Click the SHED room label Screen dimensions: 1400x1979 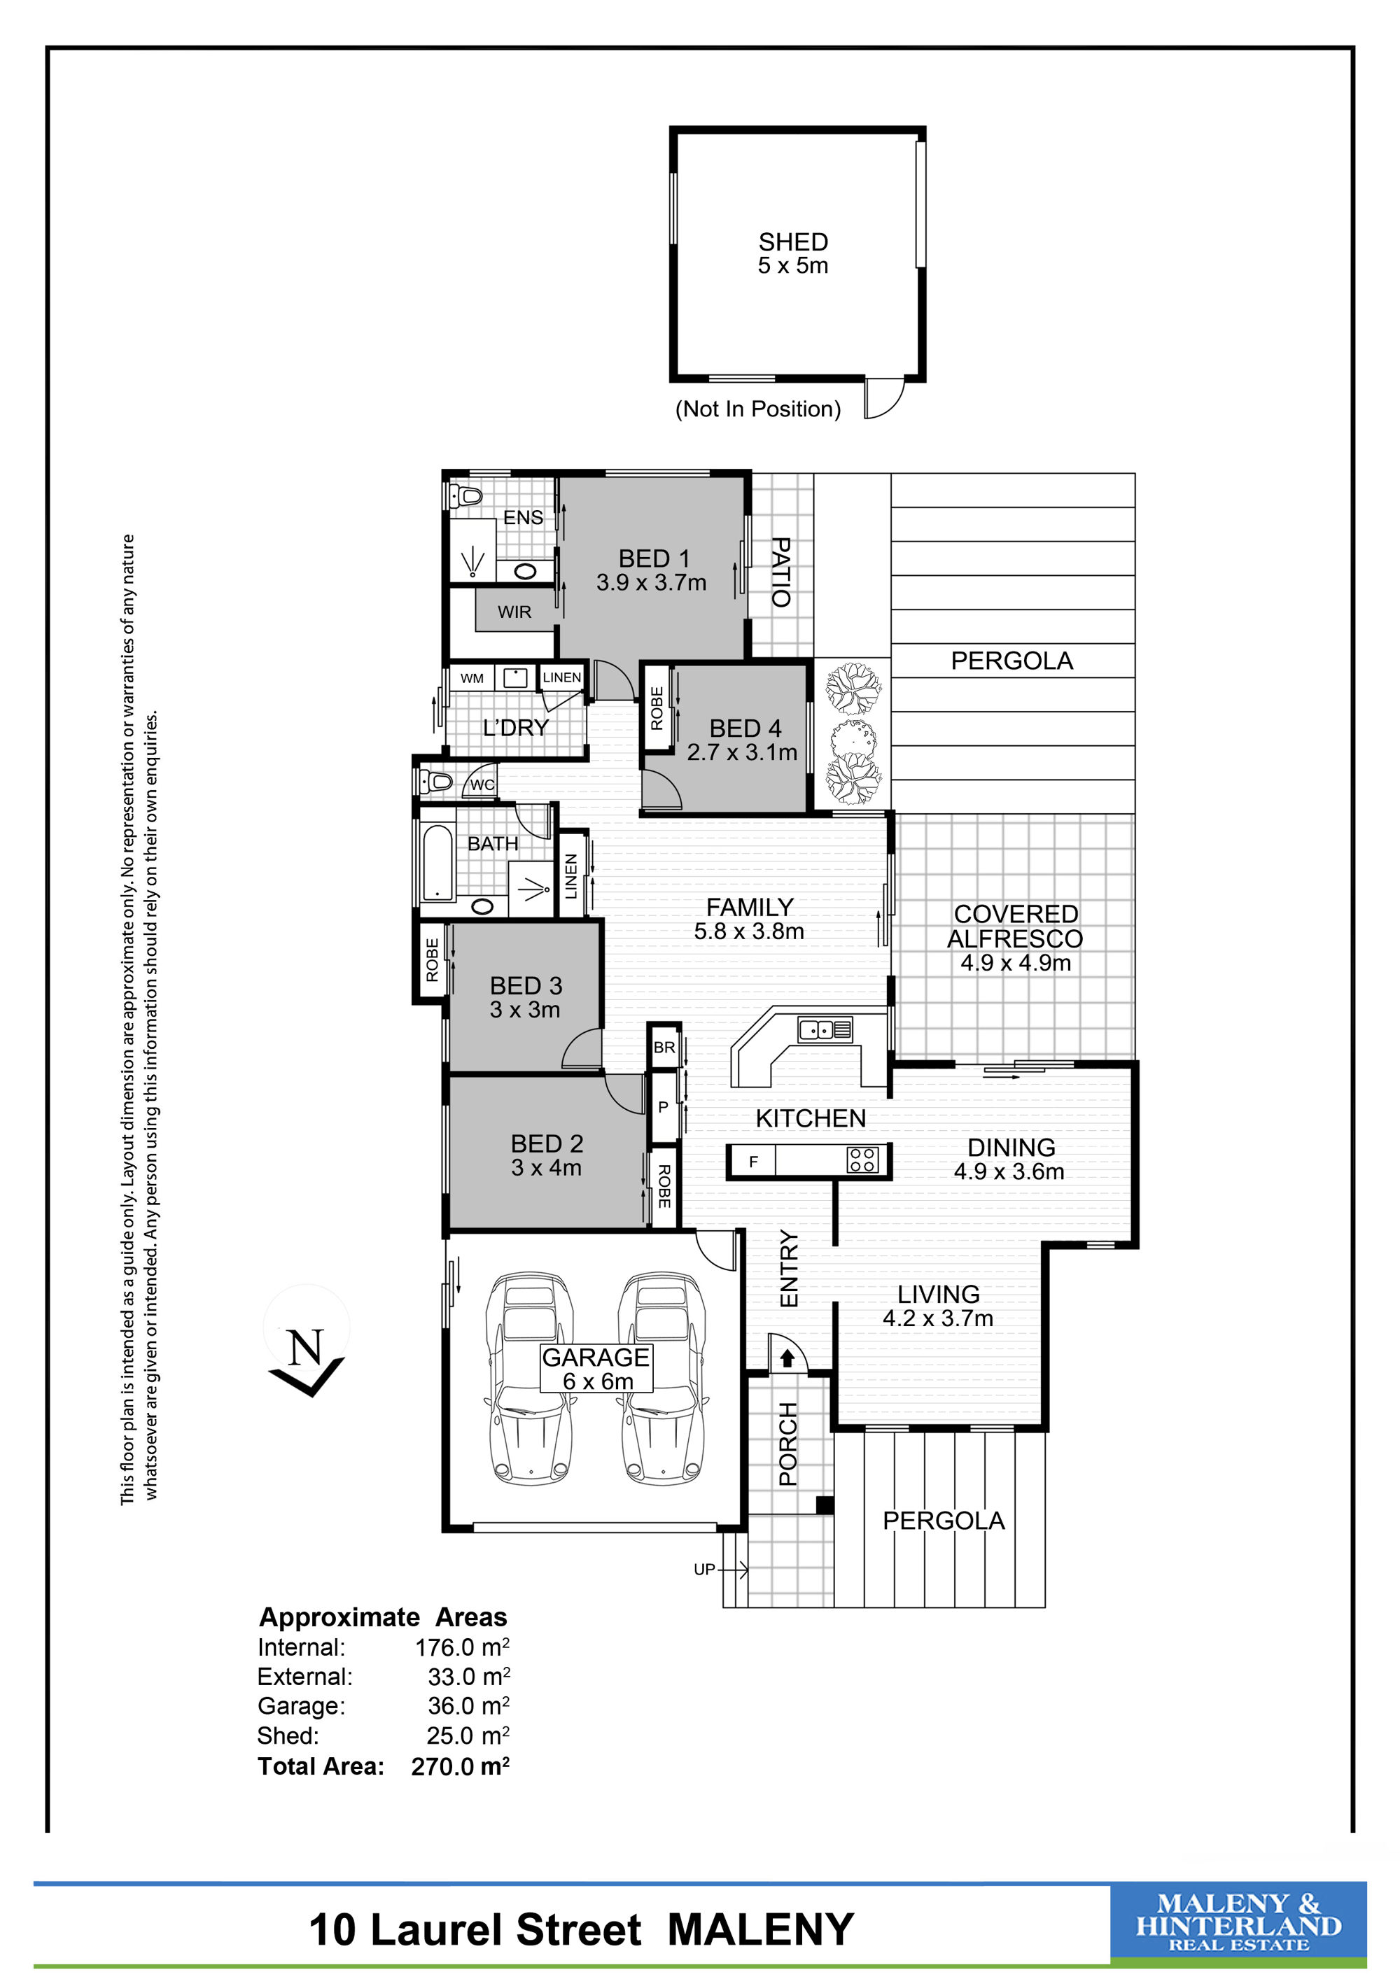pos(793,242)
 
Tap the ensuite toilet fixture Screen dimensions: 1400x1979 pos(466,496)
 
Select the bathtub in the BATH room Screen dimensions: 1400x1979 pos(438,863)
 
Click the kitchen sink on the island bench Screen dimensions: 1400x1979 pos(825,1029)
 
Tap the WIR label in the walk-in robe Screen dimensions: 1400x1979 pos(514,612)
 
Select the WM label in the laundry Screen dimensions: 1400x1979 pos(472,678)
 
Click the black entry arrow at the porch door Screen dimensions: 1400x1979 pos(787,1358)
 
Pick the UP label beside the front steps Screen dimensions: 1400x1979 pos(704,1570)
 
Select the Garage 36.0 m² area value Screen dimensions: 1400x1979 pos(468,1706)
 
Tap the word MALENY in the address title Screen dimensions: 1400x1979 pos(760,1929)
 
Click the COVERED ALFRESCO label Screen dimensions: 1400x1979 pos(1016,926)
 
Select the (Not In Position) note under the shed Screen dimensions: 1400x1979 pos(758,409)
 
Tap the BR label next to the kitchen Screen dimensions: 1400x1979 pos(664,1048)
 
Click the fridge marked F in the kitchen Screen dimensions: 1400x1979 pos(752,1161)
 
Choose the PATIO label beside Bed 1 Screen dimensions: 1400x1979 pos(780,572)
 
